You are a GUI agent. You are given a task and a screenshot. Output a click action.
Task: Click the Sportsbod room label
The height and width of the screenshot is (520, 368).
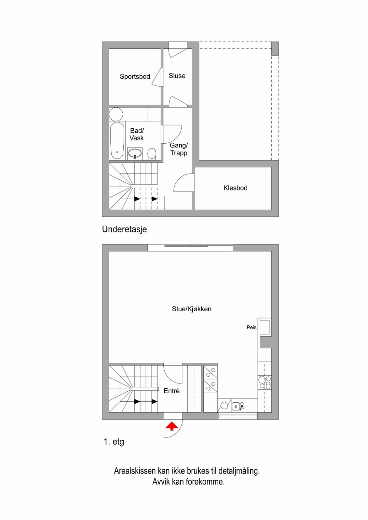(135, 77)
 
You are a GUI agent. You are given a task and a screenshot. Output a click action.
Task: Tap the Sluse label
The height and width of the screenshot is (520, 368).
(177, 76)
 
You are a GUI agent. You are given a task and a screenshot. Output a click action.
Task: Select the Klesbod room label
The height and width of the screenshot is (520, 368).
(235, 188)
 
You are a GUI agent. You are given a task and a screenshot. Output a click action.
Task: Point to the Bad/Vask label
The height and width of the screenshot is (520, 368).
(137, 134)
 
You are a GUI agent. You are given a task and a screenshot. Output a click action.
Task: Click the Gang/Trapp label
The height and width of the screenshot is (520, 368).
(179, 149)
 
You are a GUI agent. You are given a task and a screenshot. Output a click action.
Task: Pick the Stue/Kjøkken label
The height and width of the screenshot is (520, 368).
(192, 309)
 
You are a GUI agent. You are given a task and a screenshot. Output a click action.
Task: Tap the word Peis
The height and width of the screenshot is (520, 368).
(252, 327)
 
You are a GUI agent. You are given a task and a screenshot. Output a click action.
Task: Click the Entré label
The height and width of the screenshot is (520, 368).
(171, 391)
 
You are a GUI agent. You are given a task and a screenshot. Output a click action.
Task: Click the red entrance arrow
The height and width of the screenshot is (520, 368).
(171, 426)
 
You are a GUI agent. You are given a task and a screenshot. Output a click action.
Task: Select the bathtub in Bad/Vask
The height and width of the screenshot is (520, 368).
(117, 140)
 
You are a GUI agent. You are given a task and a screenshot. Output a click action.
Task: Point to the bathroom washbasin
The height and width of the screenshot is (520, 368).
(135, 153)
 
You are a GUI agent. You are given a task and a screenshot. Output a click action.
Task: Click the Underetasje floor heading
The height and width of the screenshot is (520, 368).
(124, 229)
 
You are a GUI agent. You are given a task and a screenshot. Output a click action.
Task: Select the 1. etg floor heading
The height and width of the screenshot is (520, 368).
(114, 442)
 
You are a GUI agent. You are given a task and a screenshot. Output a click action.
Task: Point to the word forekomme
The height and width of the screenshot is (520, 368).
(205, 482)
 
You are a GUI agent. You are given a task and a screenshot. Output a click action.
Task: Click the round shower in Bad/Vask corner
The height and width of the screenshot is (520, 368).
(116, 114)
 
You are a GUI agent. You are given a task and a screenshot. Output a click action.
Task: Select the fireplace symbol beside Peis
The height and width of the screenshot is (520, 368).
(265, 327)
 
